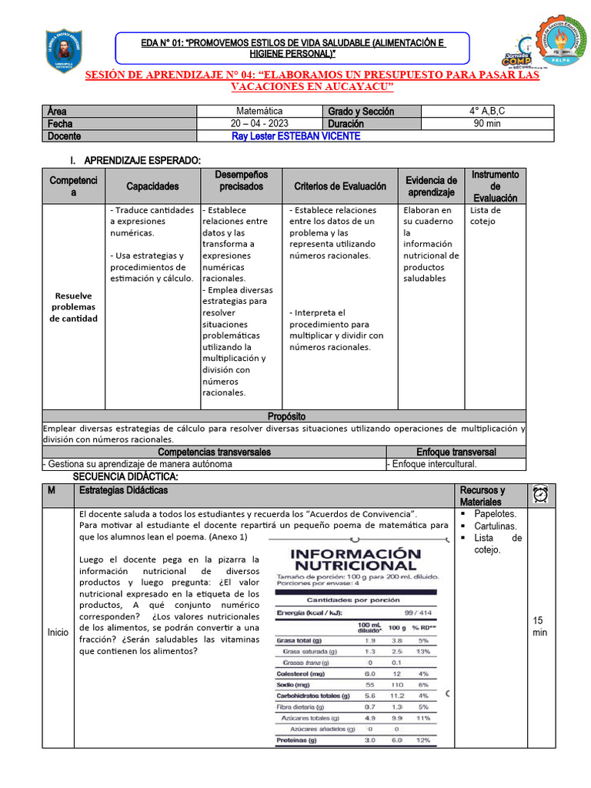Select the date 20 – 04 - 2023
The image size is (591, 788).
tap(259, 123)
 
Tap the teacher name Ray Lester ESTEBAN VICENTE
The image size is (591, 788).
tap(295, 136)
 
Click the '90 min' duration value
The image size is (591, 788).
tap(489, 123)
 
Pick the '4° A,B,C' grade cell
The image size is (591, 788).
tap(489, 111)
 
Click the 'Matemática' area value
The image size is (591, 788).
tap(259, 111)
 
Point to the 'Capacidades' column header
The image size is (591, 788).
tap(152, 186)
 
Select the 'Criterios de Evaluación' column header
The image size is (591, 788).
tap(340, 186)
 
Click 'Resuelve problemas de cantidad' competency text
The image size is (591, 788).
tap(74, 307)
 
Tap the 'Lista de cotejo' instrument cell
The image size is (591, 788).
tap(486, 215)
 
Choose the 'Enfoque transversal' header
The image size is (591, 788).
tap(456, 452)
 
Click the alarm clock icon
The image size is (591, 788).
tap(539, 495)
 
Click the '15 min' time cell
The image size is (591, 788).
tap(539, 626)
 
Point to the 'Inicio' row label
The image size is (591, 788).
tap(58, 632)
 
